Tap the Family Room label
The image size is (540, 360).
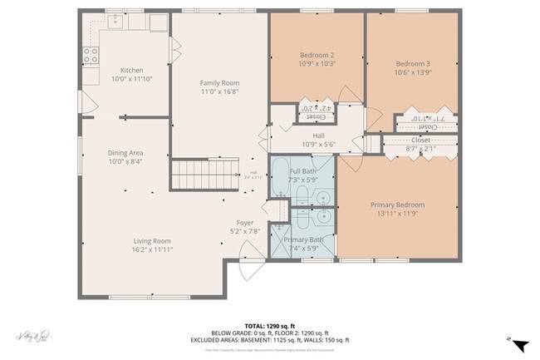[219, 83]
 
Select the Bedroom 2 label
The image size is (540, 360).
[317, 56]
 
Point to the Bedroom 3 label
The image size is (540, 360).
[412, 64]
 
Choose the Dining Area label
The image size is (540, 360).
[125, 153]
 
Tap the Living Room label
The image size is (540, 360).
[152, 241]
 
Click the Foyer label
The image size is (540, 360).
[244, 223]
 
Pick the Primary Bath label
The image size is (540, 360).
[302, 239]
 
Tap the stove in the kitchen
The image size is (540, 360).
[91, 56]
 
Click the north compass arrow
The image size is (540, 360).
[519, 344]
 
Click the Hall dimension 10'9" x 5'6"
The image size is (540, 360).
[318, 145]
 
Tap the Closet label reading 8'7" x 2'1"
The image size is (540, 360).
[420, 149]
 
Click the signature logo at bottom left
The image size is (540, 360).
[33, 337]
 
